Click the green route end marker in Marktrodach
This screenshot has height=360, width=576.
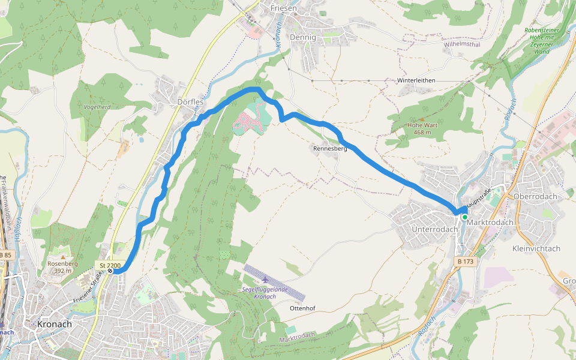[464, 217]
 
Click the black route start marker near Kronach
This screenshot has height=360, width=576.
[110, 271]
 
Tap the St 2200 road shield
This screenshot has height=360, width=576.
[110, 265]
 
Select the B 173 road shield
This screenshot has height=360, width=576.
[466, 262]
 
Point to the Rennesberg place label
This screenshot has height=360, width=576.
[330, 148]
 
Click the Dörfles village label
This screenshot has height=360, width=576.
[191, 102]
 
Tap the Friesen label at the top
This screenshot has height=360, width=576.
[284, 8]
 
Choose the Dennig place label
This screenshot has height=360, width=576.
[302, 37]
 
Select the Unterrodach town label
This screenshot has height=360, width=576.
[431, 230]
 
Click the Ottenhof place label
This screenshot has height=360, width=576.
[302, 308]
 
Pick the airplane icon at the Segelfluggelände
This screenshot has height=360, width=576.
[265, 279]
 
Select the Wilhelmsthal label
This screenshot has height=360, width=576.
[463, 44]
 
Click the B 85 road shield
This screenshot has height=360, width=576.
[5, 256]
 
